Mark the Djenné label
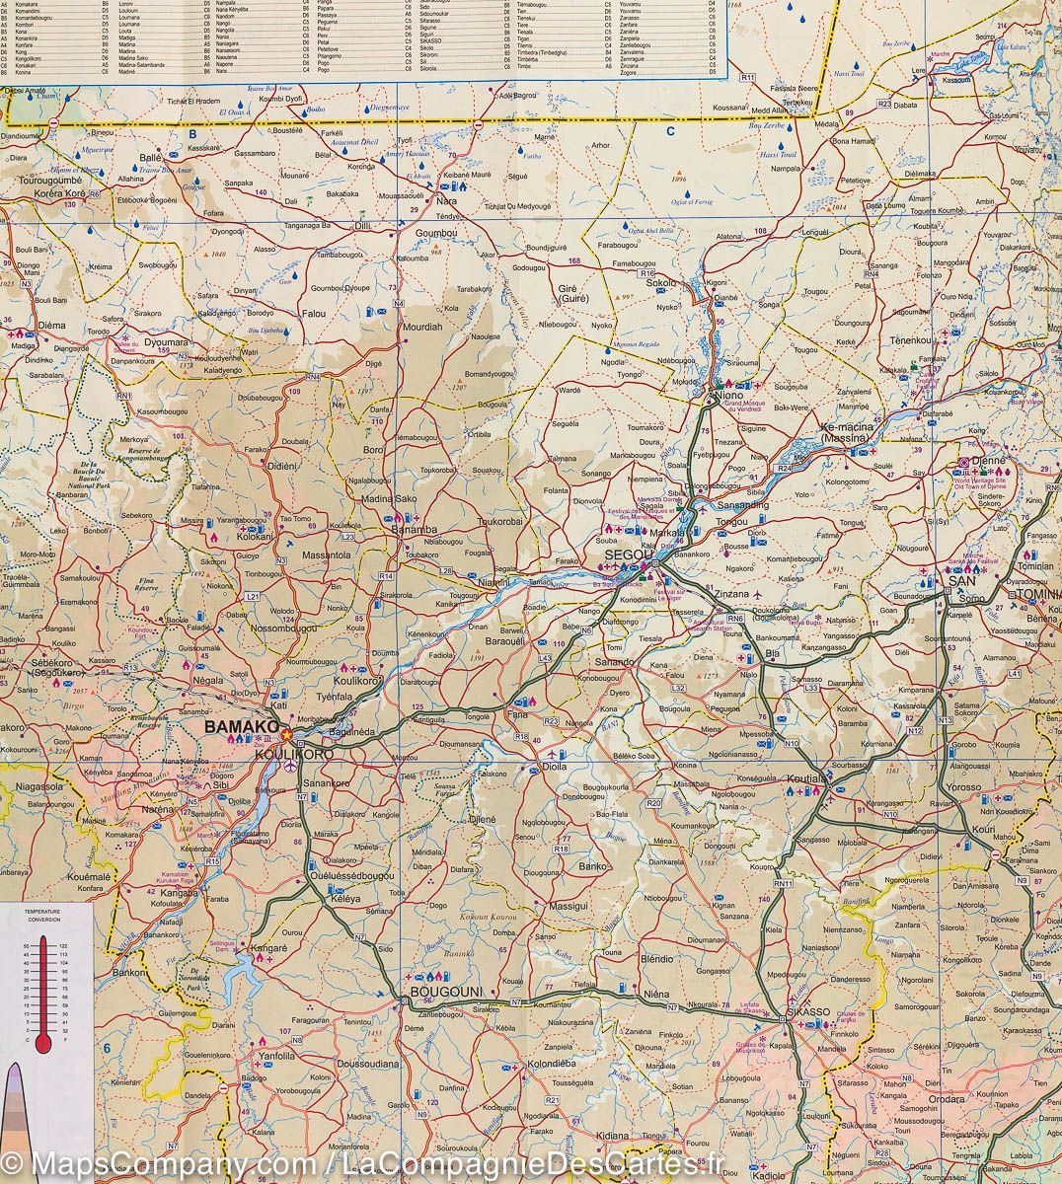pos(988,460)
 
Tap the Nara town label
pos(447,201)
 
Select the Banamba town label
pos(406,532)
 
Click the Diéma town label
pos(50,323)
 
